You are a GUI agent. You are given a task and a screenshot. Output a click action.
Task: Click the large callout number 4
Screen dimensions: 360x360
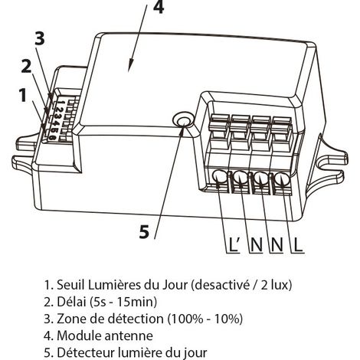point(159,6)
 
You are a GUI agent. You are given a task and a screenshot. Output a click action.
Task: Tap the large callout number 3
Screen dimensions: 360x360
point(40,38)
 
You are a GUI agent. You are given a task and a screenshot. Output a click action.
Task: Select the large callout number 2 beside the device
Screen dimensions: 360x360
point(26,67)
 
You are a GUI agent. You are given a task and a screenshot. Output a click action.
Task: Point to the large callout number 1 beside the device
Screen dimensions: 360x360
point(23,95)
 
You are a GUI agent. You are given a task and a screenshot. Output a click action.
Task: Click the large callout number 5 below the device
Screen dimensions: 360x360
point(144,232)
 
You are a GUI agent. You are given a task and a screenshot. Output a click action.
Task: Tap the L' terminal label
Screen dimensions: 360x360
point(234,244)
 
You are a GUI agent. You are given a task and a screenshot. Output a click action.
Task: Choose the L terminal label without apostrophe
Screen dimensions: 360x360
point(298,244)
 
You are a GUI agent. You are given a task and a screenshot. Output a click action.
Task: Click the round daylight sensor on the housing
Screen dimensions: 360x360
point(182,119)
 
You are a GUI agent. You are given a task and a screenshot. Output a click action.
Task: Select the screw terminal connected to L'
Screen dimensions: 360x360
point(220,177)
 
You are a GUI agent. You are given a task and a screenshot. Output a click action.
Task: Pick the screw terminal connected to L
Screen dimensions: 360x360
point(282,178)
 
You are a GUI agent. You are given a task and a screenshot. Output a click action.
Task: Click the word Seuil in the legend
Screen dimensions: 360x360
point(70,285)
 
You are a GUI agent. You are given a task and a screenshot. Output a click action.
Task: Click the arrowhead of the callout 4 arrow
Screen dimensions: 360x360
point(130,67)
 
